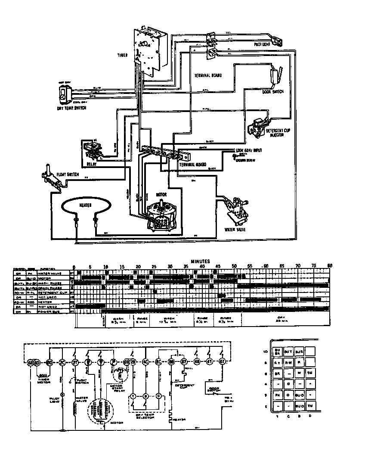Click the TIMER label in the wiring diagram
122,55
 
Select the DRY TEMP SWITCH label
71,108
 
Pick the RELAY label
92,164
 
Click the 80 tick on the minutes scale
330,266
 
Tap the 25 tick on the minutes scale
154,266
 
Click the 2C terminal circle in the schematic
62,361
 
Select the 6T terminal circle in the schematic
223,361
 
